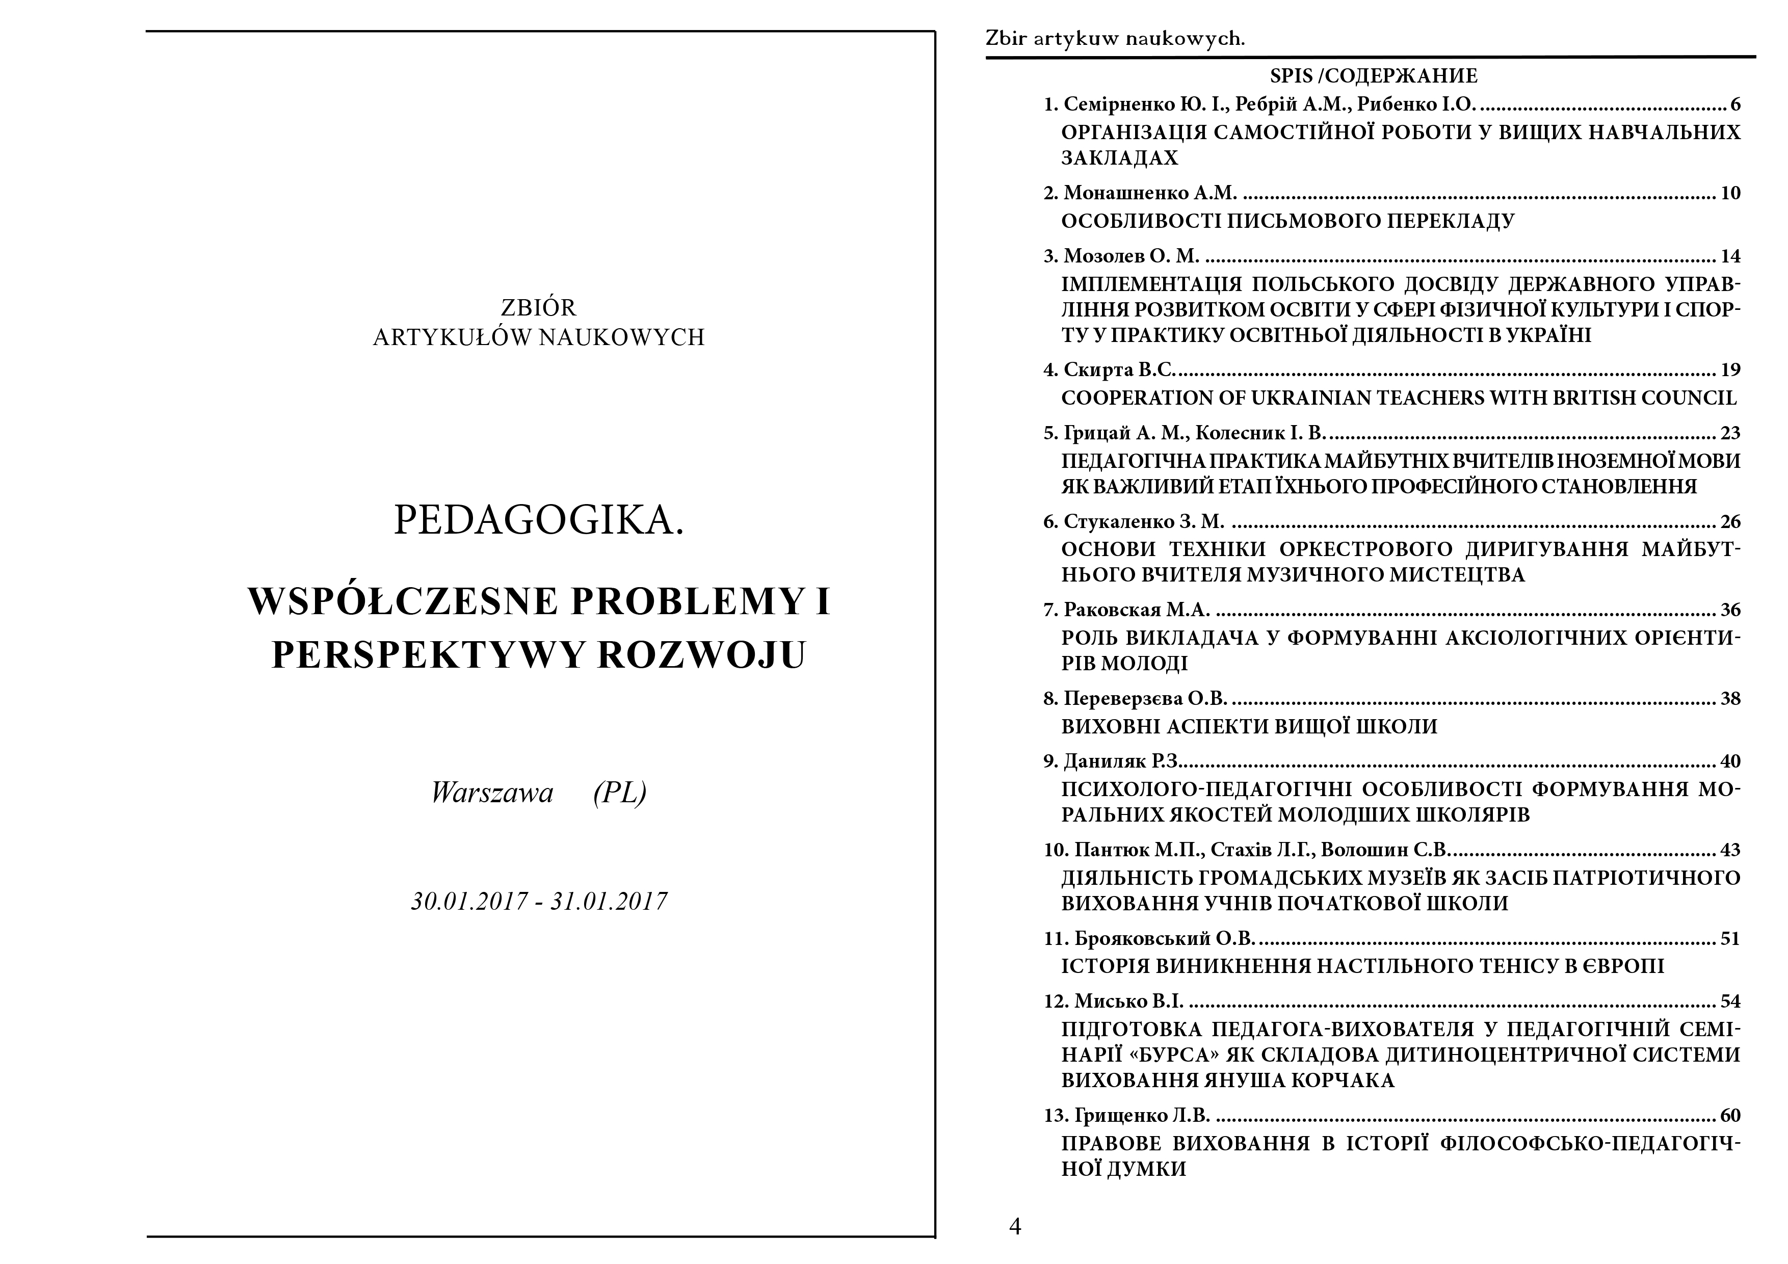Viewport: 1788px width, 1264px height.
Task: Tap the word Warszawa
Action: coord(492,793)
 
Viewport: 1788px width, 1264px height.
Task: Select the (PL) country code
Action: coord(619,793)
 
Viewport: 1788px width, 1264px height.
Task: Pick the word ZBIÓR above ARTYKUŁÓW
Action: coord(539,308)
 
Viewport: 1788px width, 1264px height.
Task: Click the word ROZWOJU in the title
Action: coord(700,655)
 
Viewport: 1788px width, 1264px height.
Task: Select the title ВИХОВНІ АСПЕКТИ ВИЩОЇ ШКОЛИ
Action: coord(1249,727)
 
